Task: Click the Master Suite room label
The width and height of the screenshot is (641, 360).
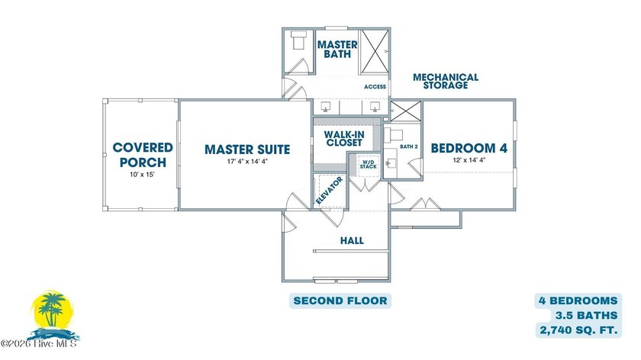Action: pyautogui.click(x=247, y=149)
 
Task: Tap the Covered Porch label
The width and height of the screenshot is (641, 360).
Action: pyautogui.click(x=143, y=155)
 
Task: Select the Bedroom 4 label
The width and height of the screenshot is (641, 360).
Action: pyautogui.click(x=469, y=148)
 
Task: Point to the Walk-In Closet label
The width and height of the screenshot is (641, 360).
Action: pyautogui.click(x=344, y=139)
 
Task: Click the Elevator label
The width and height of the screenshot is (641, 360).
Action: pyautogui.click(x=330, y=191)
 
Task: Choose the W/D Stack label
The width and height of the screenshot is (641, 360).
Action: pyautogui.click(x=369, y=164)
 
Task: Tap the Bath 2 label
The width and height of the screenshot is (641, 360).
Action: pyautogui.click(x=409, y=146)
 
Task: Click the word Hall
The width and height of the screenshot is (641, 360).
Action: pyautogui.click(x=352, y=241)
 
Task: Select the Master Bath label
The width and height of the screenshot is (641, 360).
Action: pyautogui.click(x=337, y=49)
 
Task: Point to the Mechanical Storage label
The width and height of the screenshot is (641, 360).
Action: pyautogui.click(x=445, y=81)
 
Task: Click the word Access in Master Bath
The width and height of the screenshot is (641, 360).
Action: pyautogui.click(x=375, y=87)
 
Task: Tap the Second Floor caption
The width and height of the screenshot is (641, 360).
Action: pyautogui.click(x=340, y=301)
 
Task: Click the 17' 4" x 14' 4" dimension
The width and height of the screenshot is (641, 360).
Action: pyautogui.click(x=247, y=162)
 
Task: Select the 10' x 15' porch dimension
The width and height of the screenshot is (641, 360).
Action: pyautogui.click(x=142, y=175)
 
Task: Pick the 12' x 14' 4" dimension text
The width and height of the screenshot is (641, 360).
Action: pyautogui.click(x=469, y=160)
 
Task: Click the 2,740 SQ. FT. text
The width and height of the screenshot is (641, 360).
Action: pyautogui.click(x=578, y=330)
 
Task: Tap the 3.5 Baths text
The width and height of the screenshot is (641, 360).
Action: pyautogui.click(x=586, y=316)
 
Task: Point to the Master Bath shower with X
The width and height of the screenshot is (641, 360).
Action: pyautogui.click(x=375, y=52)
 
